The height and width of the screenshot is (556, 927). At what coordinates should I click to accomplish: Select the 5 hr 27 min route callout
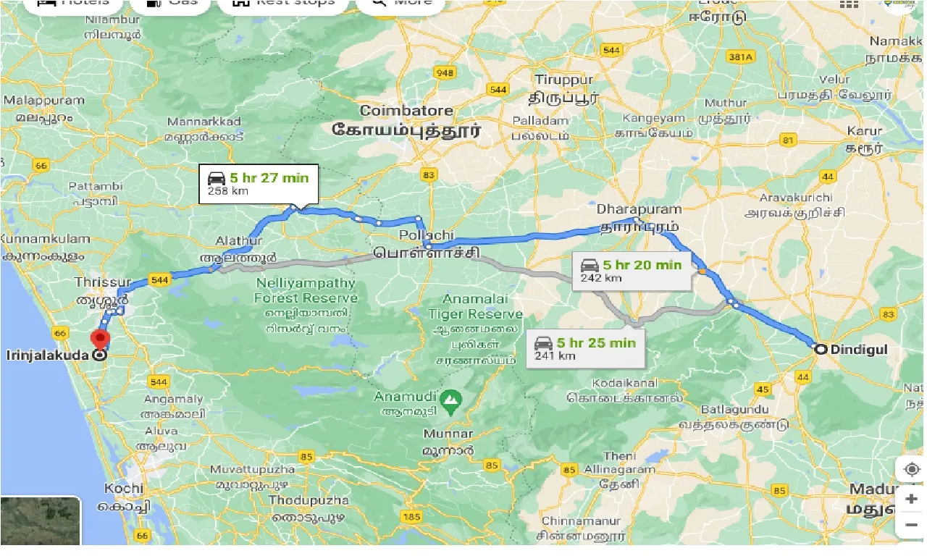point(259,183)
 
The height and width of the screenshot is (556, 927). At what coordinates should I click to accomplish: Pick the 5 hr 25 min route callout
point(585,347)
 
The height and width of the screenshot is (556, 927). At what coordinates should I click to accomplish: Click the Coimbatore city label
point(406,111)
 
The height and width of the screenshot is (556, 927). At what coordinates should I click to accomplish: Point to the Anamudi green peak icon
point(451,397)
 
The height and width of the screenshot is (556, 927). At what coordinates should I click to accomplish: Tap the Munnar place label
point(449,434)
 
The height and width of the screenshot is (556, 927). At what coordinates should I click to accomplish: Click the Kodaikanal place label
point(625,382)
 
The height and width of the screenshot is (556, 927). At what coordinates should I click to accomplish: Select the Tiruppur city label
point(563,80)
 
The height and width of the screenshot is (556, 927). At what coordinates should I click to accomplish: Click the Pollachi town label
point(427,236)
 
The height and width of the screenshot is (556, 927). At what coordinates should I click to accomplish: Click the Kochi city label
point(124,488)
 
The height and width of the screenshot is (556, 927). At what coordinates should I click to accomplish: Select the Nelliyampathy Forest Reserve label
point(306,290)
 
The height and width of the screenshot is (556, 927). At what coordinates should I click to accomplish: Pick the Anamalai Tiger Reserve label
point(475,306)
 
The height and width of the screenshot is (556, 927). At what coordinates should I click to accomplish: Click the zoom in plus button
point(911,499)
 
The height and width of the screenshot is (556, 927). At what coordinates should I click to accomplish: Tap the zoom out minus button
point(911,524)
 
